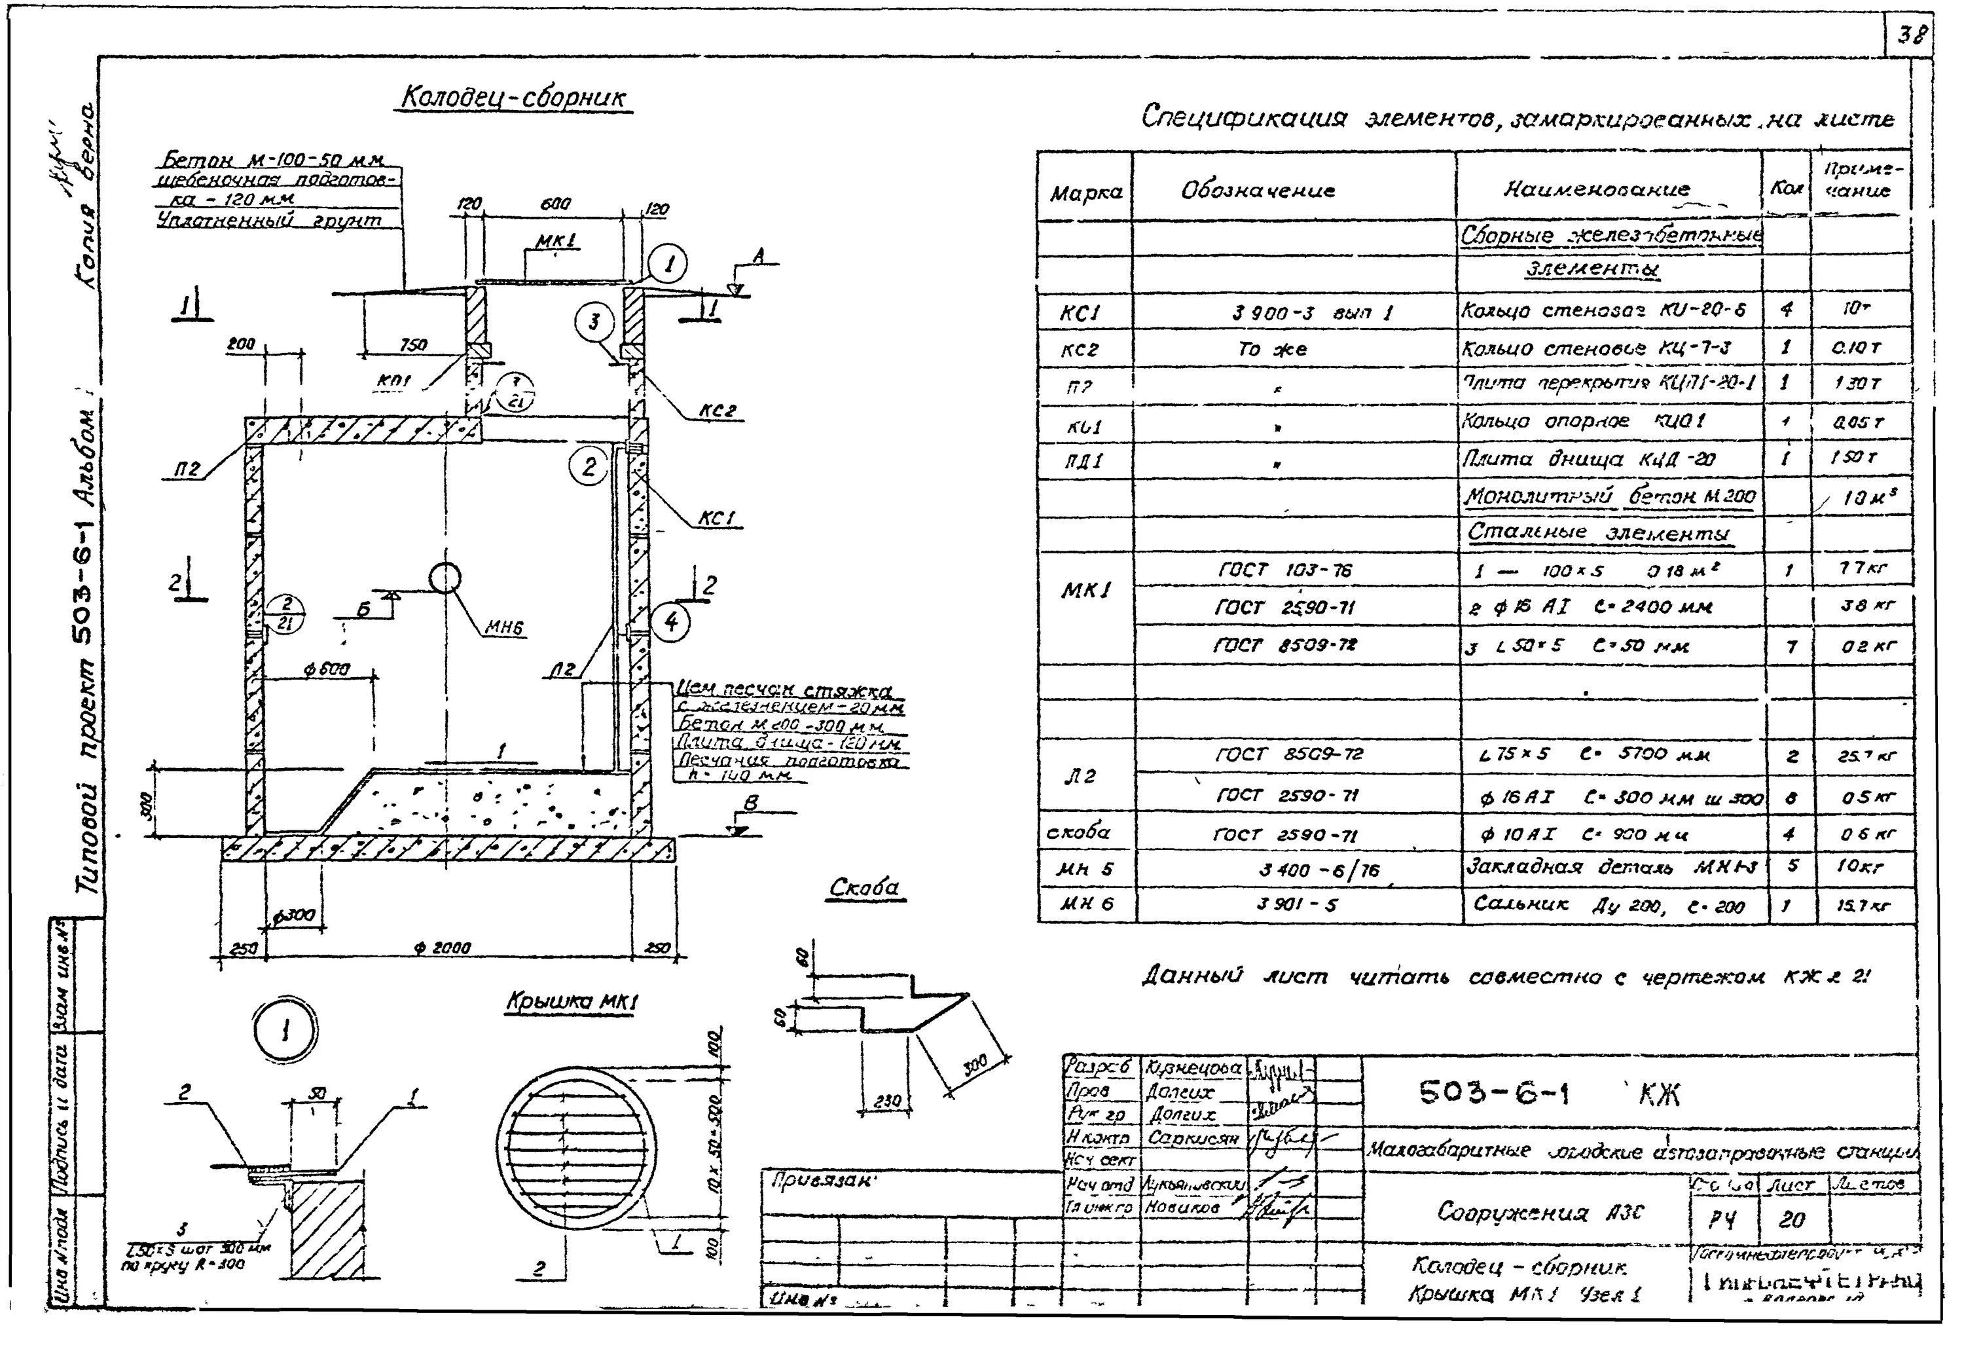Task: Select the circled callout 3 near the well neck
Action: click(594, 322)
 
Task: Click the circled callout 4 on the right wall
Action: click(670, 623)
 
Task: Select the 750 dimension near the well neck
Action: click(412, 344)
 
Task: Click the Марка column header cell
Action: click(1085, 192)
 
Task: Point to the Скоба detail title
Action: click(864, 888)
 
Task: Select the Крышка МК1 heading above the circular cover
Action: click(572, 1002)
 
